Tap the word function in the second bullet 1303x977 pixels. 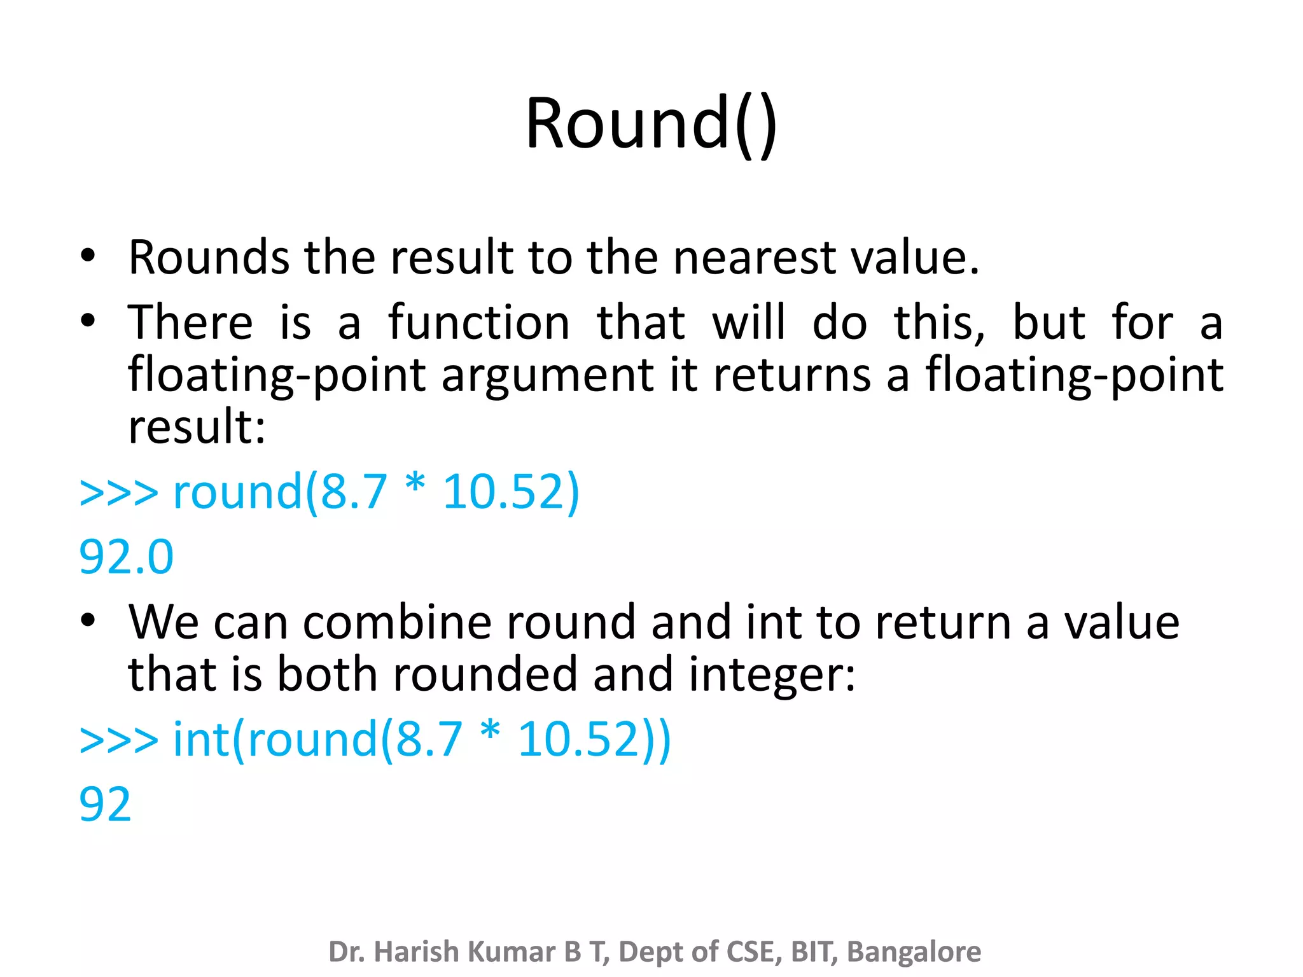pyautogui.click(x=478, y=322)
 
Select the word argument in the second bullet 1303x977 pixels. pyautogui.click(x=547, y=375)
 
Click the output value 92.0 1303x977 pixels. pyautogui.click(x=126, y=557)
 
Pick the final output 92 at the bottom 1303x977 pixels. pyautogui.click(x=105, y=804)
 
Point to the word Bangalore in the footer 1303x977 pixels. pyautogui.click(x=914, y=952)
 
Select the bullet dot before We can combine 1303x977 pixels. pyautogui.click(x=88, y=620)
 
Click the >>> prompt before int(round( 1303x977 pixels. pyautogui.click(x=118, y=740)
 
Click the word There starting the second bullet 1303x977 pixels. pyautogui.click(x=190, y=322)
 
